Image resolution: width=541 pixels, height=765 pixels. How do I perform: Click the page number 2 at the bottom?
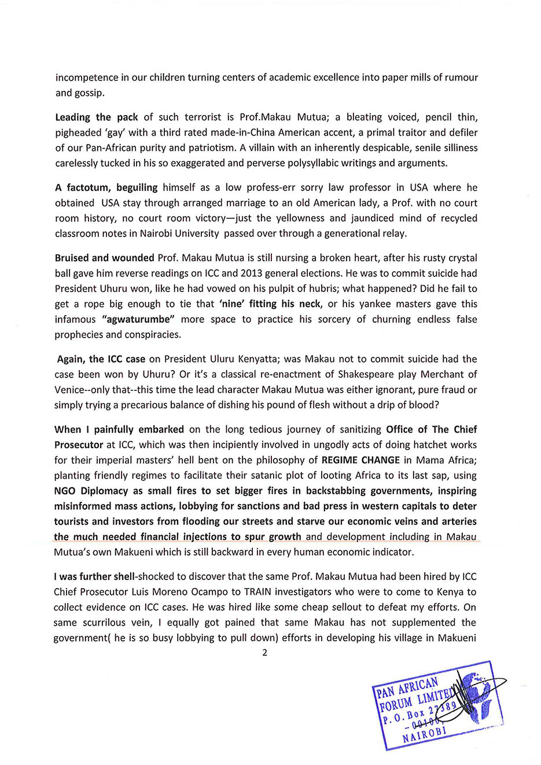point(265,653)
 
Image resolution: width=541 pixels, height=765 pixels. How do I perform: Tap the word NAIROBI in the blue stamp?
point(424,734)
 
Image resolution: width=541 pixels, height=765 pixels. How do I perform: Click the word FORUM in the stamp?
point(396,703)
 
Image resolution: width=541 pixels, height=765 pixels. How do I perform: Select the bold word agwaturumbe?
point(139,319)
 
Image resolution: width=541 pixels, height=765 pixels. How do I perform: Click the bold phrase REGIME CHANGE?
point(360,460)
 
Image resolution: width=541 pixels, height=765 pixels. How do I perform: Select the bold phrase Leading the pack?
point(97,117)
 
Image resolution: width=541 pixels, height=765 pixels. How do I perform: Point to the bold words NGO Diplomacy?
point(91,491)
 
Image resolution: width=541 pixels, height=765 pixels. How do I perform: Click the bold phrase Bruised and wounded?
point(105,258)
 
